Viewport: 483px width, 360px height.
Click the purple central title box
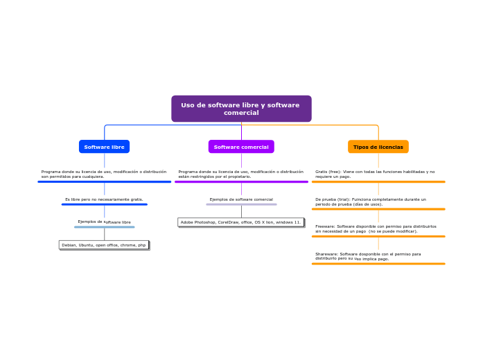[x=241, y=109]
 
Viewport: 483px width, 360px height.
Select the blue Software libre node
[x=104, y=147]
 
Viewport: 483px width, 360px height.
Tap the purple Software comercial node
[x=241, y=147]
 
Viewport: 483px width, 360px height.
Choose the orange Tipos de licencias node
[x=378, y=147]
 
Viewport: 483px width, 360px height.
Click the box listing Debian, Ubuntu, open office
[x=104, y=245]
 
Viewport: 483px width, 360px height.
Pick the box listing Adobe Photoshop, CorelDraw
[x=240, y=222]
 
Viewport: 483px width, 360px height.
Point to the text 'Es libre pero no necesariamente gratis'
[x=104, y=199]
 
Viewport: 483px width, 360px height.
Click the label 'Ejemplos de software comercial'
[x=241, y=199]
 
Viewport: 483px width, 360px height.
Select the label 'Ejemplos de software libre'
[x=104, y=222]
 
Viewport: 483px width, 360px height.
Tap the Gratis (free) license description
[x=375, y=174]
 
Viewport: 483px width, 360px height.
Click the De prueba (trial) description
[x=371, y=201]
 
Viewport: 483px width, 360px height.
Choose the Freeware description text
[x=376, y=228]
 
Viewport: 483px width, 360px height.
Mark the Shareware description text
[x=368, y=256]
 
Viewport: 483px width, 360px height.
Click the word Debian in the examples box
[x=69, y=245]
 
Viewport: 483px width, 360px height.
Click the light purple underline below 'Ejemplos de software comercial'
[x=241, y=204]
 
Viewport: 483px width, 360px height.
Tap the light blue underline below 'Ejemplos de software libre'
[x=104, y=227]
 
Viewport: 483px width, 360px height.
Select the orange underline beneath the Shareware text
[x=378, y=264]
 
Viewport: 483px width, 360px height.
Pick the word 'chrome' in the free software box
[x=128, y=245]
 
